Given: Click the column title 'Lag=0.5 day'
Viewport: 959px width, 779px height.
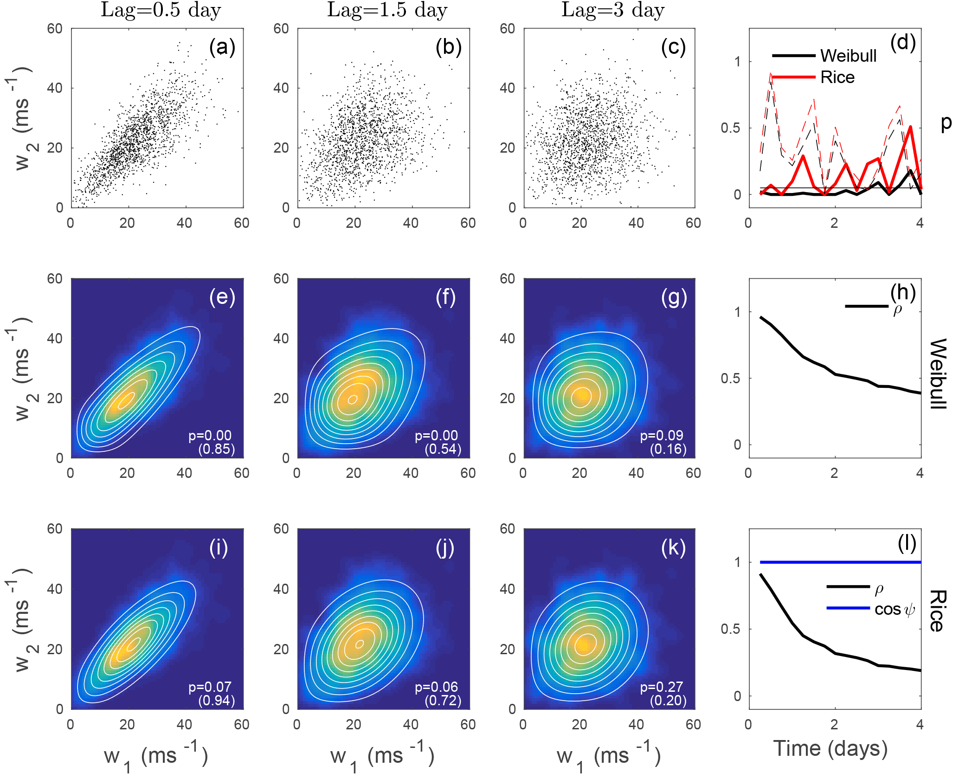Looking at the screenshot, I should point(161,10).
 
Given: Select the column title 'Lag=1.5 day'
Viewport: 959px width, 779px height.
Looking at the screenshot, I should point(387,10).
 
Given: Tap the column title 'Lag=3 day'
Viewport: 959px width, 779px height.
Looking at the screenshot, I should point(613,10).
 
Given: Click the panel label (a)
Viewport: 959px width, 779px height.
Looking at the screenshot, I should point(222,47).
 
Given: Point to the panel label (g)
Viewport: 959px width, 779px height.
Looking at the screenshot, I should point(674,297).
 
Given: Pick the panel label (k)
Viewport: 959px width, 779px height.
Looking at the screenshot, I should point(674,548).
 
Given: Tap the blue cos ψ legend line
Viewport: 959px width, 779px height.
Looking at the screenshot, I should point(848,608).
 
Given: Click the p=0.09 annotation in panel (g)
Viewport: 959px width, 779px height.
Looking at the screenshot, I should point(662,435).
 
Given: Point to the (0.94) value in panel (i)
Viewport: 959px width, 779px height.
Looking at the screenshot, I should point(216,700).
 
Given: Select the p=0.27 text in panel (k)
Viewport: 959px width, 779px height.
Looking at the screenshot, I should point(662,687).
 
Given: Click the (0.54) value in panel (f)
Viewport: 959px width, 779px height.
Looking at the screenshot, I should point(443,449).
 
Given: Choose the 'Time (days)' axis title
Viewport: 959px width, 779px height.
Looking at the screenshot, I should point(830,748).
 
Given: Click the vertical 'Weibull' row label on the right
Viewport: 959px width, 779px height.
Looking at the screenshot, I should point(938,374).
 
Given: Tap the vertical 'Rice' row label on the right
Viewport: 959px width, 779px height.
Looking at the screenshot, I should point(938,611).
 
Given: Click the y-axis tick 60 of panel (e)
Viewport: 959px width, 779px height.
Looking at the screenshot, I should point(55,279).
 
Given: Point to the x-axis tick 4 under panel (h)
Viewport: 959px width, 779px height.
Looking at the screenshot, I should point(920,473).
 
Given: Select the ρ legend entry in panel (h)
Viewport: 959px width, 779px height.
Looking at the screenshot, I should point(872,307).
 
